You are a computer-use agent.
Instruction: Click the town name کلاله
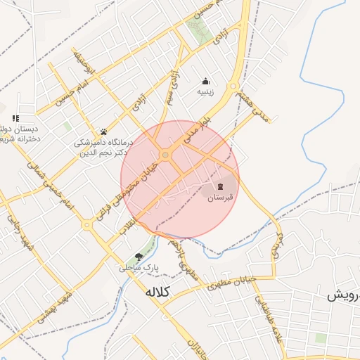[158, 291]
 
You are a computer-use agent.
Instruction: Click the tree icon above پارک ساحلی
[138, 257]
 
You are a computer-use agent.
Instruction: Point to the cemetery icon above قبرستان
[221, 186]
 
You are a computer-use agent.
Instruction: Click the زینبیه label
[205, 91]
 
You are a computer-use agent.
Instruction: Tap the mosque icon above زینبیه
[205, 80]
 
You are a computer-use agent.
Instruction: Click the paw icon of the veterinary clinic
[103, 131]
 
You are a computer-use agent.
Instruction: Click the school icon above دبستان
[15, 118]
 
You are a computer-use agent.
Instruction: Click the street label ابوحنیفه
[79, 62]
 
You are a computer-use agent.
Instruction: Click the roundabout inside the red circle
[165, 155]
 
